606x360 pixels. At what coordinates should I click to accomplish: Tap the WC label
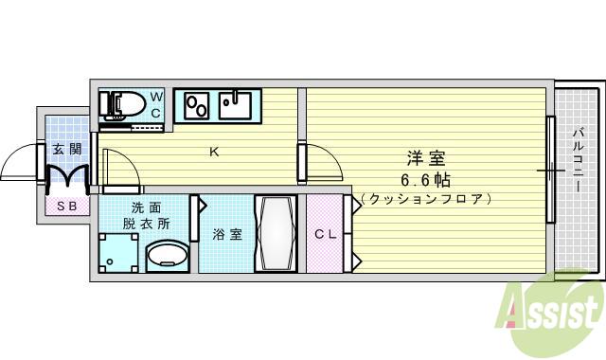point(157,104)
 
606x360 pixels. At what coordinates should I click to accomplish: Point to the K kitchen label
point(214,151)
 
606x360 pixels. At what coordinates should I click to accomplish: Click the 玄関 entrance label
point(66,149)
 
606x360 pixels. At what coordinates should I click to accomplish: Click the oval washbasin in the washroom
point(168,254)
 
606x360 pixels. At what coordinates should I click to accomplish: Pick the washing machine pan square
point(119,253)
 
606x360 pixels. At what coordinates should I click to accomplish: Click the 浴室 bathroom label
point(227,234)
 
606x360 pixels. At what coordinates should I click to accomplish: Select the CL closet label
point(325,234)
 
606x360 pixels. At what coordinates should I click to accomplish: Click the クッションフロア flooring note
point(426,199)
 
